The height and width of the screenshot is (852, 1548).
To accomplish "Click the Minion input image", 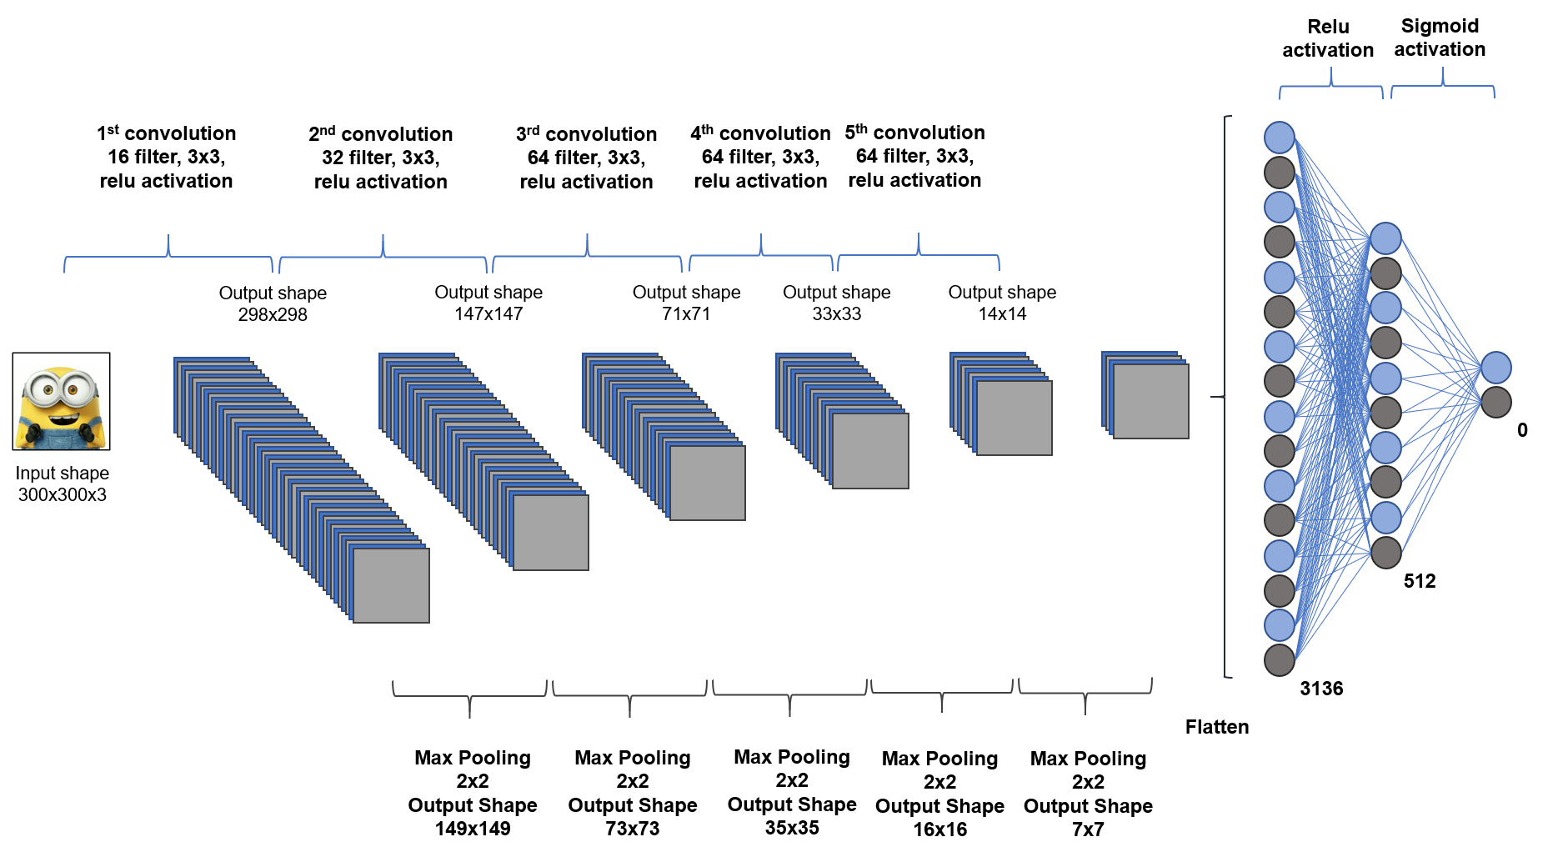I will tap(61, 401).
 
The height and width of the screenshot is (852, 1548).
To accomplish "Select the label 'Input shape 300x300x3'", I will tap(62, 484).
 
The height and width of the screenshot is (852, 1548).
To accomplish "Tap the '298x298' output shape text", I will tap(273, 315).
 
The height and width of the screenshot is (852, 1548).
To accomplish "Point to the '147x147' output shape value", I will tap(488, 314).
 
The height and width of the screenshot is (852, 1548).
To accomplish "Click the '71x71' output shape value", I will tap(686, 314).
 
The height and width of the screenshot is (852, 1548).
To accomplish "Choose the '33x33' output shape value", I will tap(836, 314).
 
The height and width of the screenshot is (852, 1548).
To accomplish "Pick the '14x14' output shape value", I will tap(1002, 314).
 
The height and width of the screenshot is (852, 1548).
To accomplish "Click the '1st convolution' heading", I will tap(166, 133).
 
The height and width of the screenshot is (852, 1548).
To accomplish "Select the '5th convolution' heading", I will tap(914, 133).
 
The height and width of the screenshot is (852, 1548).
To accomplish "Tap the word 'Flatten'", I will tap(1216, 727).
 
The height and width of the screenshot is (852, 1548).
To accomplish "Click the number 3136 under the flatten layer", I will tap(1321, 689).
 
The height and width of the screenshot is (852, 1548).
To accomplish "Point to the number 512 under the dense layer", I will tap(1419, 581).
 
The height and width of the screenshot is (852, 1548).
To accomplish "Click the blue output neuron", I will tap(1495, 368).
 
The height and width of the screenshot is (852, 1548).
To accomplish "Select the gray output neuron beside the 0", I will tap(1495, 402).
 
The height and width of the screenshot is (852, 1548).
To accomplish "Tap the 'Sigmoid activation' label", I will tap(1440, 38).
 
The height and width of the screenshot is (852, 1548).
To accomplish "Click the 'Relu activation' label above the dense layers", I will tap(1328, 38).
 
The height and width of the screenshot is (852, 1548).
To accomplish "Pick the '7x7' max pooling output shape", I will tap(1088, 829).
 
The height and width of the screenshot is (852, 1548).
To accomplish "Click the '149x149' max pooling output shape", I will tap(473, 829).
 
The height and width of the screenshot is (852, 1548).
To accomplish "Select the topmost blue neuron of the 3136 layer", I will tap(1279, 138).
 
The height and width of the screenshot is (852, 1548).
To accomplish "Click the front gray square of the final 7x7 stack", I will tap(1150, 401).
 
